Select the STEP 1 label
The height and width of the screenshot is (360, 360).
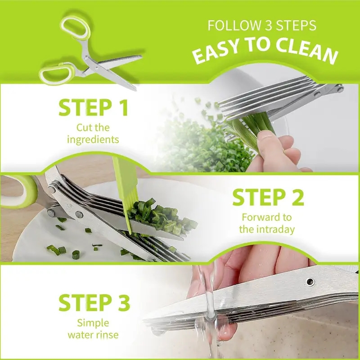93,108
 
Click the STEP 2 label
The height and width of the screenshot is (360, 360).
268,198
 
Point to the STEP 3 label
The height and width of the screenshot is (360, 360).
94,302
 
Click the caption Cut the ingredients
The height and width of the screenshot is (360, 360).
93,133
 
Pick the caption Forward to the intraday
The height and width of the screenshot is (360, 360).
267,223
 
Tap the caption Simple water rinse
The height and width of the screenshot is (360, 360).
93,328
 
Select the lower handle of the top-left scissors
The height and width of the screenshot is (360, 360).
56,73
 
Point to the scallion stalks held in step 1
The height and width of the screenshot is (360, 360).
252,130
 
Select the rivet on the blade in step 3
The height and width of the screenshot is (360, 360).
310,282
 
